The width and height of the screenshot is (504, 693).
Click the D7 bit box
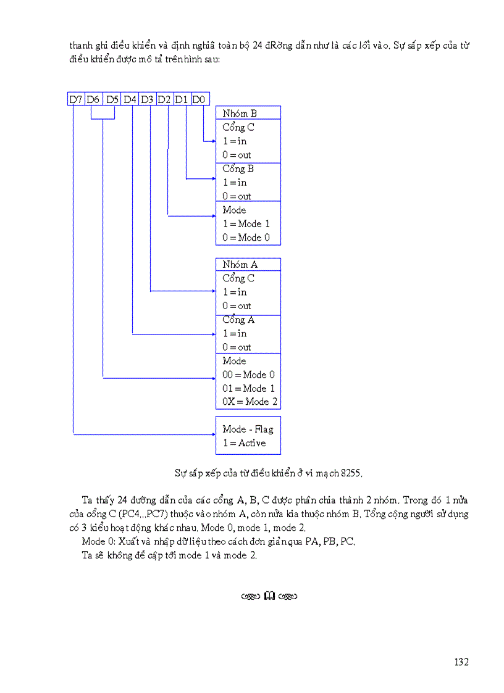click(x=76, y=99)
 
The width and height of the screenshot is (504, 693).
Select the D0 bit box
click(x=200, y=99)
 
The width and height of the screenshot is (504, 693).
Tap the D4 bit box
click(x=130, y=99)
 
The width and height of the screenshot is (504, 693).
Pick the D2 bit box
click(x=164, y=99)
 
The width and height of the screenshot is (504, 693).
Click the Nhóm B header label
click(x=240, y=114)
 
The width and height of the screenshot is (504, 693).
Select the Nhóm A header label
click(x=240, y=264)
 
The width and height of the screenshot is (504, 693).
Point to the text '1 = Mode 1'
click(x=246, y=223)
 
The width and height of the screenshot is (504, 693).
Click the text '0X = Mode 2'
click(x=250, y=402)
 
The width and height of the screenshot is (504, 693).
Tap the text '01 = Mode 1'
click(x=249, y=388)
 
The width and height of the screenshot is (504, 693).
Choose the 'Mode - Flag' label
click(x=248, y=429)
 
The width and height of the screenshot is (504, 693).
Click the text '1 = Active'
click(x=245, y=443)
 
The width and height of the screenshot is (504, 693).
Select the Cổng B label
click(x=238, y=168)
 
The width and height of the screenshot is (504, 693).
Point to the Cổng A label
click(x=238, y=320)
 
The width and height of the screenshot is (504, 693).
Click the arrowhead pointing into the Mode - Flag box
click(x=213, y=435)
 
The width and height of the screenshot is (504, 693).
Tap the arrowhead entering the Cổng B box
click(x=213, y=180)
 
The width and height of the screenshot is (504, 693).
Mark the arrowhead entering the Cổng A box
click(x=213, y=334)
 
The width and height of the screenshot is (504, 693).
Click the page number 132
click(x=461, y=662)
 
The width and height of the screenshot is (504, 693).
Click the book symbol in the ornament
click(x=269, y=596)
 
